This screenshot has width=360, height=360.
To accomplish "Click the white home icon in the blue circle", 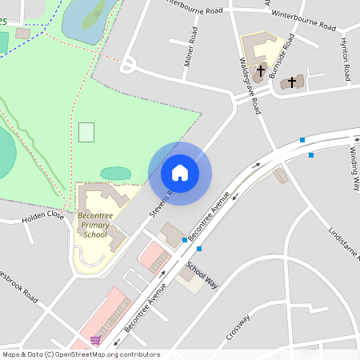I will coord(180,172).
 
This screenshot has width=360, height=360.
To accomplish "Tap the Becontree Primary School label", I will coord(94,225).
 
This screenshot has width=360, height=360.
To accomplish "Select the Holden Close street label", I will coord(43,215).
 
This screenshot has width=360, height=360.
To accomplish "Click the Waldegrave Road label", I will coord(250,85).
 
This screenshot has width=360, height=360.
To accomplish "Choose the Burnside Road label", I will coord(282,55).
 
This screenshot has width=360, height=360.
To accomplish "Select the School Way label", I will coord(202,274).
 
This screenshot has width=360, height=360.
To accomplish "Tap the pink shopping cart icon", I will coord(97,340).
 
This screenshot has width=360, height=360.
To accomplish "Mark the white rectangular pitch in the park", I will coord(86,132).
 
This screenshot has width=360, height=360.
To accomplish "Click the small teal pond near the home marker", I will coord(116,173).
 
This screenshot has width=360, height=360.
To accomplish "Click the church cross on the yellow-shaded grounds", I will coord(260,70).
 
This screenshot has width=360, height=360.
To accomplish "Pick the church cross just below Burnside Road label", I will coord(292,82).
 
